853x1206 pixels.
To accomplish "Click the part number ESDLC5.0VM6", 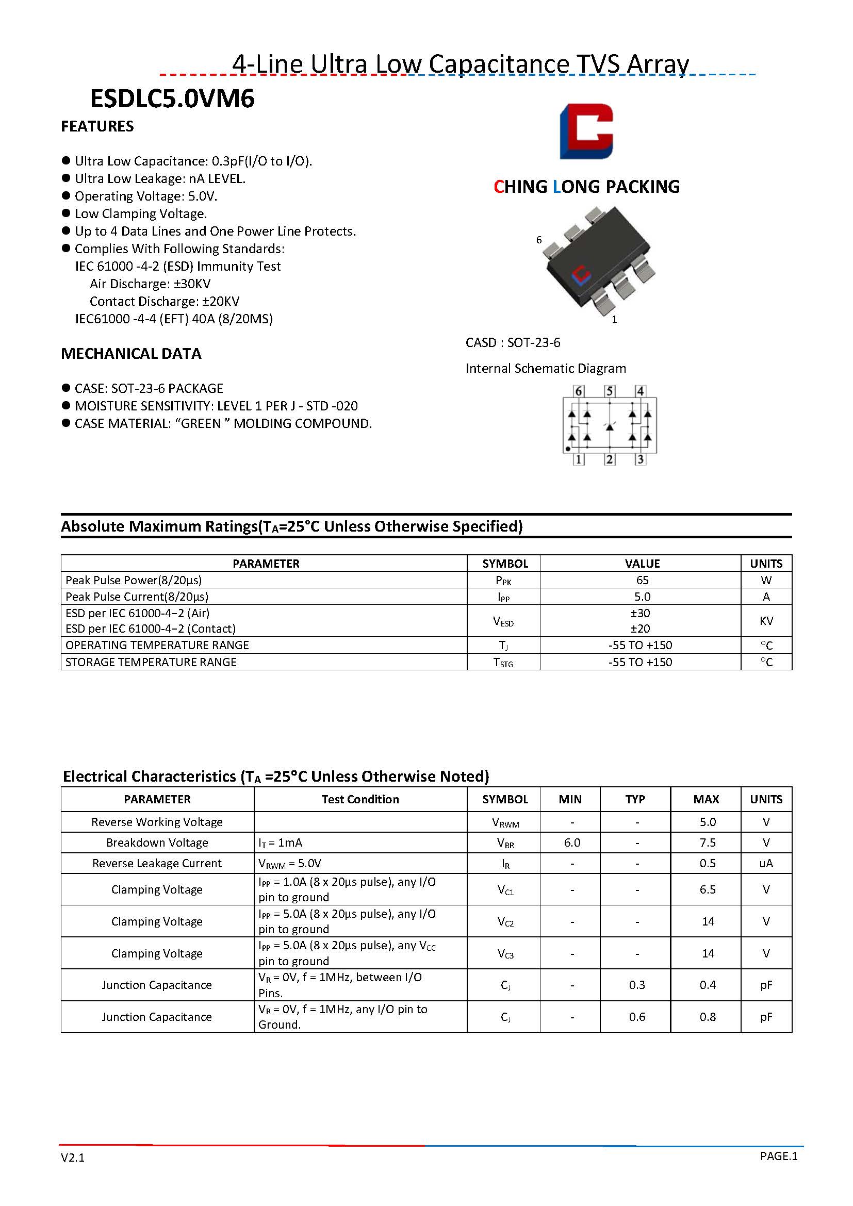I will (172, 98).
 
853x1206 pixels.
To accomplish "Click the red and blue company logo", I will (586, 131).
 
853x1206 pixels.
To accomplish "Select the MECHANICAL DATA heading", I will (131, 354).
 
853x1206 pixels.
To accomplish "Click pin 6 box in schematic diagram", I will (578, 391).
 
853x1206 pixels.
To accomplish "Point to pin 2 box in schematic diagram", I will (609, 459).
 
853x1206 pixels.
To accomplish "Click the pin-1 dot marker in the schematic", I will (568, 449).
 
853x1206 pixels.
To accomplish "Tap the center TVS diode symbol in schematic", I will (609, 426).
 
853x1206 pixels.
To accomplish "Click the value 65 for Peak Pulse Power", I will (642, 580).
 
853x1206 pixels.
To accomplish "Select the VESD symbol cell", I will (503, 621).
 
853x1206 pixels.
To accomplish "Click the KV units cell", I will (766, 621).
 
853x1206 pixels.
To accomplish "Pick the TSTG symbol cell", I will (503, 663).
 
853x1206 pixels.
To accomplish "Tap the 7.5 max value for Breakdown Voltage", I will (707, 842).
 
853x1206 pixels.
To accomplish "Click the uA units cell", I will (766, 863).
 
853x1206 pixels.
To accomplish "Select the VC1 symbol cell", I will (505, 889).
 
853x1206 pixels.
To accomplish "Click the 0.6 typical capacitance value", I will (636, 1017).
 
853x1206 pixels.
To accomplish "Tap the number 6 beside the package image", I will (539, 240).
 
